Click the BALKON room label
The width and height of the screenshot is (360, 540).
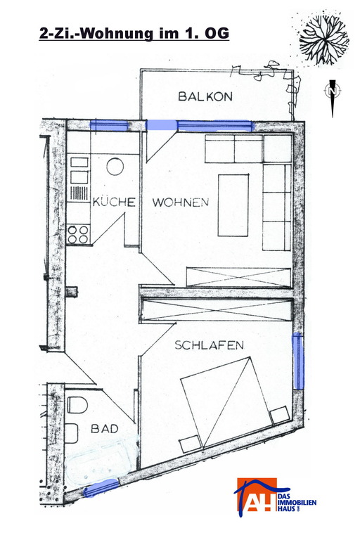(x=205, y=96)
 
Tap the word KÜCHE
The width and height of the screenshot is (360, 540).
(x=114, y=202)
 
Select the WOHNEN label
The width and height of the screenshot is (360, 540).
(x=181, y=202)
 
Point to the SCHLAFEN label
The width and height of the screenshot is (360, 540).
(x=209, y=345)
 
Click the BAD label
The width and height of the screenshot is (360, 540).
(x=104, y=429)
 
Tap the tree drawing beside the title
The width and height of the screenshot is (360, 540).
(x=324, y=39)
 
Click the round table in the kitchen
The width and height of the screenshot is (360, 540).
(x=115, y=167)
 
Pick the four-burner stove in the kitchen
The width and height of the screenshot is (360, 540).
(x=78, y=234)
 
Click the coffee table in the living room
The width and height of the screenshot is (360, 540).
(x=233, y=205)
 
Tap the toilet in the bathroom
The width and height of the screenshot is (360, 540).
(x=76, y=405)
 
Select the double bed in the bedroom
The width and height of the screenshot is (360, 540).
(x=235, y=405)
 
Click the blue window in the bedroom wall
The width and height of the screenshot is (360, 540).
(x=298, y=361)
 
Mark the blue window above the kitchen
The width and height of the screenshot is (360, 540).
(x=109, y=125)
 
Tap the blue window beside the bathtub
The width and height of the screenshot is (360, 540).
(x=102, y=488)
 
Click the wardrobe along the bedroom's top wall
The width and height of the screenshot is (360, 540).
(x=217, y=310)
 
